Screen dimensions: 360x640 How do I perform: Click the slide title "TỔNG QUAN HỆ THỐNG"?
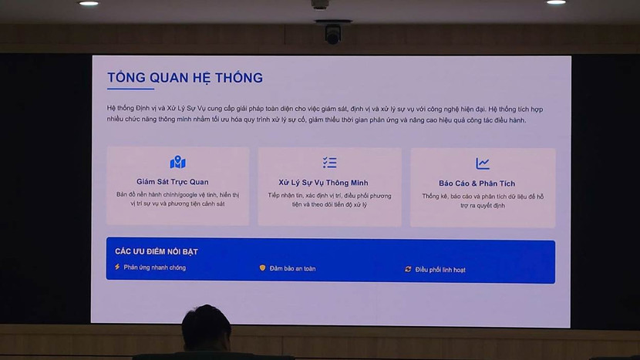185,78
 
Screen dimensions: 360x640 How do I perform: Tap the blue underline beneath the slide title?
130,89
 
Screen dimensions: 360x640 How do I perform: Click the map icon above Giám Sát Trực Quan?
177,163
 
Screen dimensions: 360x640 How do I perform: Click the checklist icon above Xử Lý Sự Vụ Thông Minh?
329,163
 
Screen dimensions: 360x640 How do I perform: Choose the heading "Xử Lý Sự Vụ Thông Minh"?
329,183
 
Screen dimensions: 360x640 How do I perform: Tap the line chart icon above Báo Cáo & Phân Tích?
483,163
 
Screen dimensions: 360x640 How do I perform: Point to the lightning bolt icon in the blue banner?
117,267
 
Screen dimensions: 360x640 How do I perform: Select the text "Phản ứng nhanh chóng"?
155,267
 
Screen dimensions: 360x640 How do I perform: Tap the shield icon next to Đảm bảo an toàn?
262,268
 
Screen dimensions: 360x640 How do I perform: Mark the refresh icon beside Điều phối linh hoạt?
408,269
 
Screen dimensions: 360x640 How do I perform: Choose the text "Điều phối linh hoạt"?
440,270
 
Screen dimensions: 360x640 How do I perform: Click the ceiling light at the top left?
89,3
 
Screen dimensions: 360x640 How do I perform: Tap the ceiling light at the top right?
556,2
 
